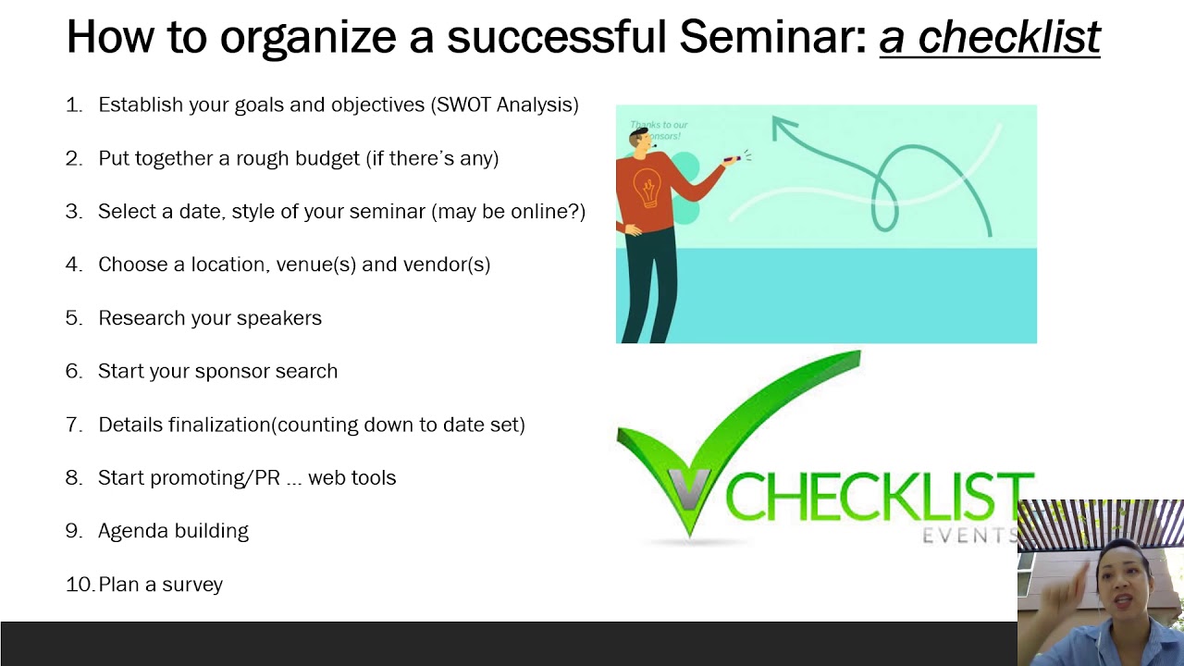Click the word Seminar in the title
tap(771, 37)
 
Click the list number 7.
tap(73, 425)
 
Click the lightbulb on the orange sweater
tap(645, 191)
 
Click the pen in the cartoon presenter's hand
tap(732, 160)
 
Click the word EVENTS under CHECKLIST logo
tap(968, 536)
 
